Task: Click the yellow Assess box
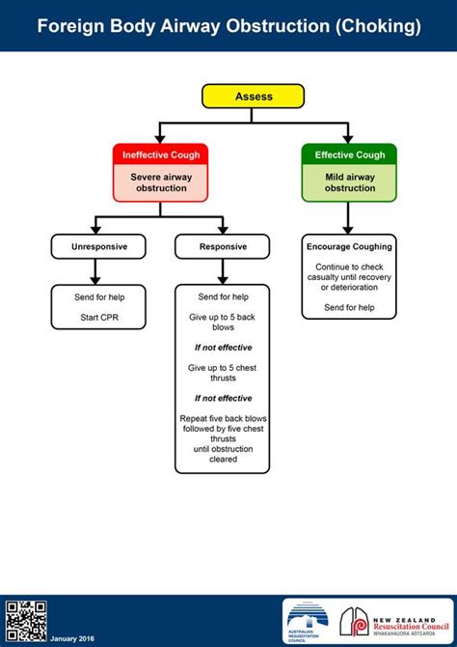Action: (253, 97)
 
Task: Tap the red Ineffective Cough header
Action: (160, 155)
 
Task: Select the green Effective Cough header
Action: (349, 155)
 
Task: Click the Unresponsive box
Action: (98, 247)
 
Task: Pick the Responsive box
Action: (223, 247)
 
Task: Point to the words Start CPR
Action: (99, 318)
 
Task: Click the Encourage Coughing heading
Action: (349, 247)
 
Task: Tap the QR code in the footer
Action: (25, 622)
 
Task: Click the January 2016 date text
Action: (72, 638)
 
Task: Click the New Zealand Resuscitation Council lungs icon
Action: (355, 622)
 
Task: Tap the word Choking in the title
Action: (378, 26)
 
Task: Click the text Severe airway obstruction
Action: (161, 183)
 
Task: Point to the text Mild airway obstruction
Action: (349, 183)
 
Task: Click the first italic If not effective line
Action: (223, 348)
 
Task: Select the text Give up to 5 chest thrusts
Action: (223, 373)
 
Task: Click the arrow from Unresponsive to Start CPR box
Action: (95, 272)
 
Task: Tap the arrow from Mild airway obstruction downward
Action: (348, 218)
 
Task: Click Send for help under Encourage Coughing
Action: (349, 307)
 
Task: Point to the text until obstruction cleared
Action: (223, 454)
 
